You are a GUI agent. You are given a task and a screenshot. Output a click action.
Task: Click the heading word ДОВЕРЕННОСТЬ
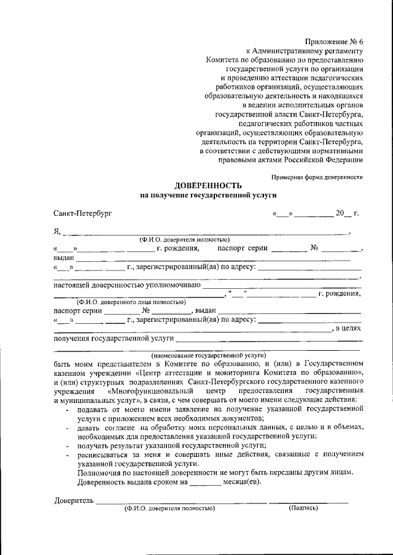[x=209, y=185]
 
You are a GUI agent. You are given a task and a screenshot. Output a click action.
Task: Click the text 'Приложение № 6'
[x=338, y=40]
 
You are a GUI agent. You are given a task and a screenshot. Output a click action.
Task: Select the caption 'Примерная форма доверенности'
[x=317, y=177]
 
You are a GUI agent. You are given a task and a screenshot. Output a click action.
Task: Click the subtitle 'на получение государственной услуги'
[x=209, y=195]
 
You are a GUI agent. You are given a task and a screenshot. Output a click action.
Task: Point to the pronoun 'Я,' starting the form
[x=58, y=232]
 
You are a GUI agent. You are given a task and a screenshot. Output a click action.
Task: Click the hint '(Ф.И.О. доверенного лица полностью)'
[x=131, y=302]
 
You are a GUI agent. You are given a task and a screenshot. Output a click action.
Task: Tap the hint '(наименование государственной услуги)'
[x=209, y=355]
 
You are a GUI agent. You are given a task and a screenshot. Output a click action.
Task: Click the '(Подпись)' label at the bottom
[x=303, y=508]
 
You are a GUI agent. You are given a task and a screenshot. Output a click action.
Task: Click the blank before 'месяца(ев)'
[x=205, y=482]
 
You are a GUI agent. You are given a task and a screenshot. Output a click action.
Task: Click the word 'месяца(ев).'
[x=242, y=482]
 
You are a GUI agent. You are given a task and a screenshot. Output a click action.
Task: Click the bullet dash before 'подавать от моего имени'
[x=66, y=408]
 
